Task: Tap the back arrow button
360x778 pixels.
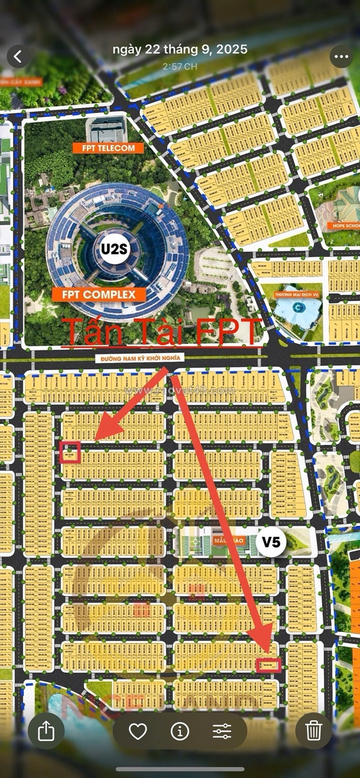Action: click(18, 57)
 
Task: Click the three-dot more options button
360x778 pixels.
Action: click(341, 57)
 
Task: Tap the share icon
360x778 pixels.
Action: click(46, 730)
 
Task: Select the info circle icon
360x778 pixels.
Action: click(179, 731)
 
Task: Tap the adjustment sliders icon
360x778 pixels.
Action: click(222, 731)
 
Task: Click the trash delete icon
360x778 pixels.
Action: click(313, 730)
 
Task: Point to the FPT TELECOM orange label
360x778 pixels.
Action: click(109, 148)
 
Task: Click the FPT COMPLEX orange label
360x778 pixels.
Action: click(98, 295)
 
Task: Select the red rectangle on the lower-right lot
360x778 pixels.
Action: click(268, 665)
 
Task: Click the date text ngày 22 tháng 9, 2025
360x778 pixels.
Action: click(180, 50)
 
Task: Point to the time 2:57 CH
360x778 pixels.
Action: click(180, 66)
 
